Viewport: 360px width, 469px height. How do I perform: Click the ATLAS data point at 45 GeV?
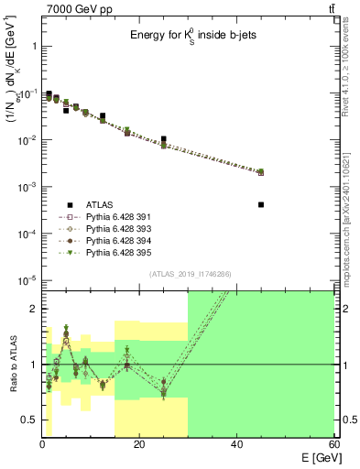(261, 205)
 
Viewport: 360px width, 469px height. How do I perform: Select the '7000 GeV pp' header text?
(77, 8)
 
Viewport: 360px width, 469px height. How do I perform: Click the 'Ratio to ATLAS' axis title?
(12, 365)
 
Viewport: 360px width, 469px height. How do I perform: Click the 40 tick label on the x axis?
(237, 443)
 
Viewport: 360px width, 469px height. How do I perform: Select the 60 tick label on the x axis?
(334, 443)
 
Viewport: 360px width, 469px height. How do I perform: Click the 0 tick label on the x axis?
(42, 443)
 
